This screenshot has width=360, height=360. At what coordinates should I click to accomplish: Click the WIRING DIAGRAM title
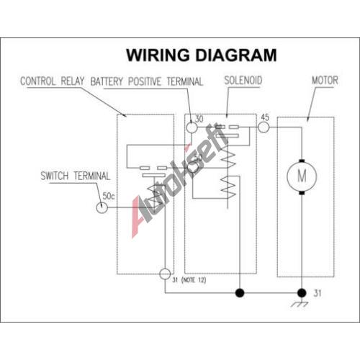(202, 55)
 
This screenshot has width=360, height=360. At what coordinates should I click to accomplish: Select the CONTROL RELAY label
(53, 81)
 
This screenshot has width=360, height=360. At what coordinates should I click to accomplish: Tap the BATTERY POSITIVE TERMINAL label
(147, 81)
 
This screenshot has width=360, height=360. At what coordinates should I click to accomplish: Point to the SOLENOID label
(243, 81)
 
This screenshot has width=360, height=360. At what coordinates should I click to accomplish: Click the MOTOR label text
(325, 80)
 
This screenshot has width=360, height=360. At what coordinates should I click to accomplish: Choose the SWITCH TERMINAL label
(75, 176)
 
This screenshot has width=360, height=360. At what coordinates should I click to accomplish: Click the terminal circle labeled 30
(192, 127)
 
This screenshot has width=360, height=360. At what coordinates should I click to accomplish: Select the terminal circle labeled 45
(264, 127)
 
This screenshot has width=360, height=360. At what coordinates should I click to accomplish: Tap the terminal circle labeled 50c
(102, 207)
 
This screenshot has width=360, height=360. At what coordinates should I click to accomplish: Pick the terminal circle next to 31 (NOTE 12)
(165, 274)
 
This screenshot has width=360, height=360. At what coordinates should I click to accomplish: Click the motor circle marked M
(302, 176)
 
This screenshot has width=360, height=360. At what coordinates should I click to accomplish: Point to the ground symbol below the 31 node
(300, 304)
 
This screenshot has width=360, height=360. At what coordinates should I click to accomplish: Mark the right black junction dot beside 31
(302, 293)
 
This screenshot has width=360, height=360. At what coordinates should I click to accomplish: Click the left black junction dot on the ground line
(240, 293)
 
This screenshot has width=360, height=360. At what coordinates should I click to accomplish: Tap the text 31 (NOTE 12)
(189, 280)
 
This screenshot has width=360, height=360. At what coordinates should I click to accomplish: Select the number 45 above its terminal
(265, 117)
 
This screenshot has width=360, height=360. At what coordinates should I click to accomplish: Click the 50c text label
(109, 196)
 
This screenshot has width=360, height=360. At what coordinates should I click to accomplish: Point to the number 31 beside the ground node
(318, 293)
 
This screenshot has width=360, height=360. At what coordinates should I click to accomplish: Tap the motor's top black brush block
(302, 161)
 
